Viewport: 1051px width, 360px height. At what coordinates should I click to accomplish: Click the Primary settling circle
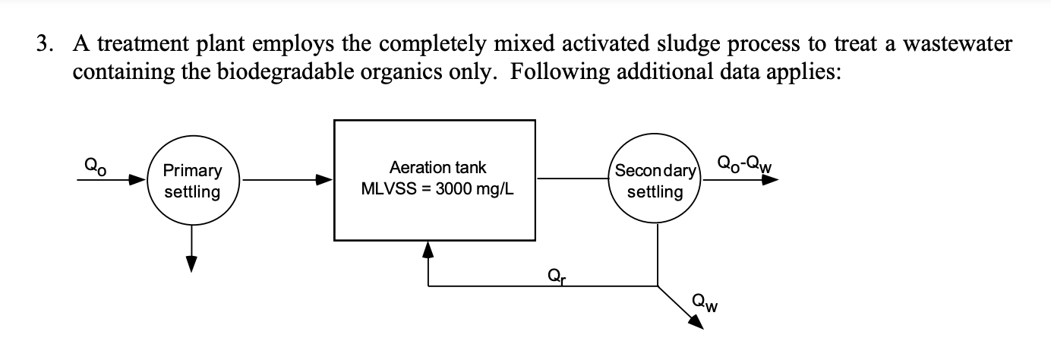click(x=192, y=182)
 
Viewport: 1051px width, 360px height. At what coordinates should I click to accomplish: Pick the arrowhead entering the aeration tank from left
click(x=325, y=181)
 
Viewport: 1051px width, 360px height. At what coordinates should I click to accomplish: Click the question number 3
click(x=44, y=45)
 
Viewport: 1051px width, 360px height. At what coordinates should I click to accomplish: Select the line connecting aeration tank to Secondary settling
click(x=574, y=180)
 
